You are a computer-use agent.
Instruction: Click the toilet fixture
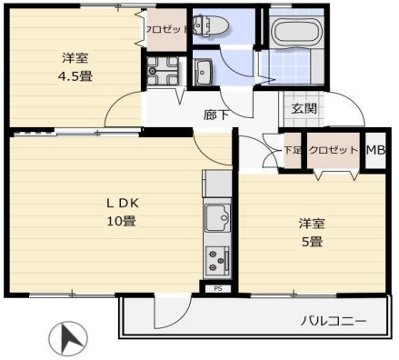tap(213, 27)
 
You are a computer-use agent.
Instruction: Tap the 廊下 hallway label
tap(214, 115)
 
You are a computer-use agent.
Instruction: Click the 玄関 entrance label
tap(303, 108)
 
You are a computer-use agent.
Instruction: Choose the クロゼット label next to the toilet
tap(166, 28)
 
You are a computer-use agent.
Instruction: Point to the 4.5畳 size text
tap(75, 76)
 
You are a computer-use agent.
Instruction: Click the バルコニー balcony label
tap(333, 322)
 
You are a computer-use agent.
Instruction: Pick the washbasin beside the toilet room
tap(204, 71)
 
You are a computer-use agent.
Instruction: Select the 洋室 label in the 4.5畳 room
tap(75, 58)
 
